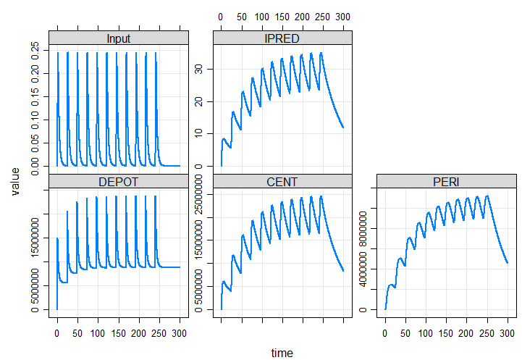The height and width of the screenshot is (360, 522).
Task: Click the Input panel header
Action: [118, 38]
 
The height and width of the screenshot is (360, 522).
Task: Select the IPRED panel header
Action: [282, 38]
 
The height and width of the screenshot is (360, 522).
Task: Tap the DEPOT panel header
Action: [118, 181]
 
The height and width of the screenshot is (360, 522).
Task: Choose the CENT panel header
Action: [282, 181]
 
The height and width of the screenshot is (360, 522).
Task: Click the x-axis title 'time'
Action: [282, 353]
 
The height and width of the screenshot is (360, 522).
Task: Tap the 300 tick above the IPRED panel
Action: [344, 17]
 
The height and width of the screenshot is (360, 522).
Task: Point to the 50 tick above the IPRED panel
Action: [242, 17]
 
